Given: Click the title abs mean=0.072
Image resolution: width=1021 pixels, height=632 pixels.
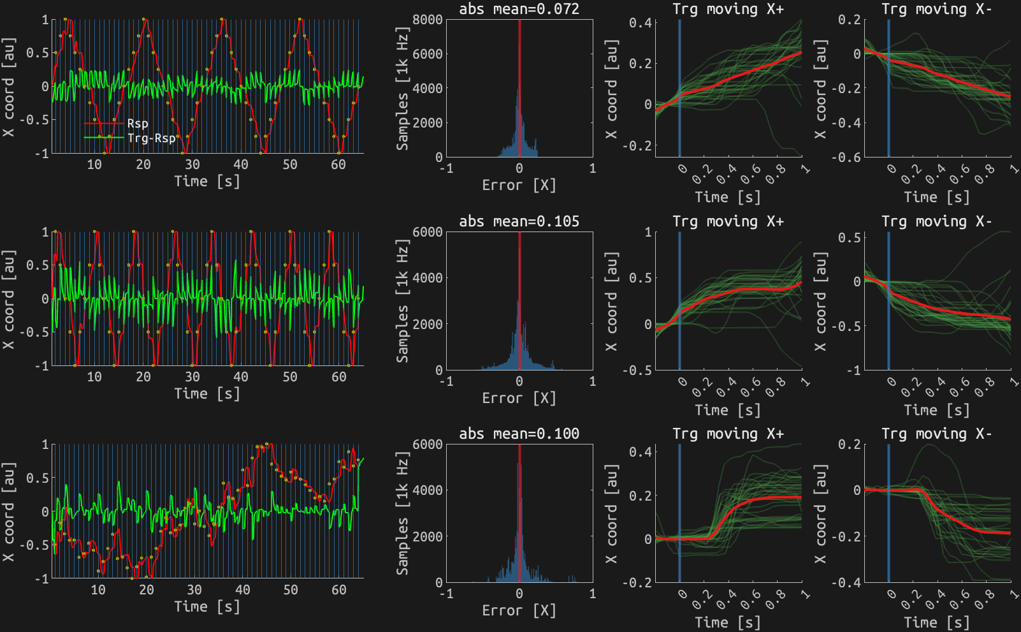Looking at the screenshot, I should click(519, 9).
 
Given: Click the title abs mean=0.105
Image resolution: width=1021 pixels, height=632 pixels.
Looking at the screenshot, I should click(519, 221).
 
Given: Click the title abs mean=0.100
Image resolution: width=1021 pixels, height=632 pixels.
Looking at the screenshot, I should click(519, 434).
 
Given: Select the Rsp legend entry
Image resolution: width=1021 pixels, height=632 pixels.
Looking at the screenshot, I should click(138, 124).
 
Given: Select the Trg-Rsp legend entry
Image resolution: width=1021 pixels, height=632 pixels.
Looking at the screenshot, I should click(151, 138).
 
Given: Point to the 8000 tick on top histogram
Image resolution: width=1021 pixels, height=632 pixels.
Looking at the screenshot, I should click(427, 20).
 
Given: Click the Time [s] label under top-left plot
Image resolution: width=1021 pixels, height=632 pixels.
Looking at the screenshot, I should click(207, 181).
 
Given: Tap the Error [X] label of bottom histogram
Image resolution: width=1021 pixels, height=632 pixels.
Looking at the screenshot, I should click(519, 610).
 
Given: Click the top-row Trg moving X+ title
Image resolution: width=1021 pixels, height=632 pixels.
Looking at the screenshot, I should click(728, 9).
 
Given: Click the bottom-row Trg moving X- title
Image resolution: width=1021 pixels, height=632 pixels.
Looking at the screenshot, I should click(936, 434).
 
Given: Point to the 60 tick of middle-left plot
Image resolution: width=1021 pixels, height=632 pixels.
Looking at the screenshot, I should click(338, 377).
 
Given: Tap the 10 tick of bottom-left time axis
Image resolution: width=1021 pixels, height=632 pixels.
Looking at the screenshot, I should click(98, 589).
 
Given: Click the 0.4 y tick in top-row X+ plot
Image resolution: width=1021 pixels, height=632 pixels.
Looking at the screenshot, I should click(640, 23).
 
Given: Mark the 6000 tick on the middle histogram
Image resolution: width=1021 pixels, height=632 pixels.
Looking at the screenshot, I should click(427, 232).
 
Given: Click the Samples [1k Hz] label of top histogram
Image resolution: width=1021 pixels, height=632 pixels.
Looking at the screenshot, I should click(402, 88).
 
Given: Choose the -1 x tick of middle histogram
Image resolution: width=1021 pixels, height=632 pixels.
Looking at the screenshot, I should click(447, 381).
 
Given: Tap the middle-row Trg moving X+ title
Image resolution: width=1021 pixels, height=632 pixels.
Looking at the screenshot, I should click(728, 221).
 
